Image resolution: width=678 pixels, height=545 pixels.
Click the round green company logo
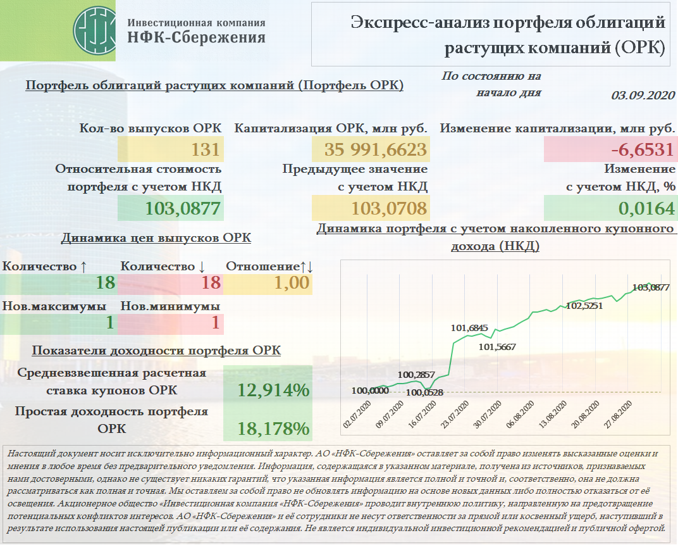94,30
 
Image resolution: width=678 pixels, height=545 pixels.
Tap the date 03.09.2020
643,96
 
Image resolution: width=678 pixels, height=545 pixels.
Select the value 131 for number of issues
206,150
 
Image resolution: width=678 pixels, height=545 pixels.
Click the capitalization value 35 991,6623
376,150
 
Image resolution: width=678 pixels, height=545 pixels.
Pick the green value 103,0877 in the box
183,208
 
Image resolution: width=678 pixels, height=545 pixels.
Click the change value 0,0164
646,208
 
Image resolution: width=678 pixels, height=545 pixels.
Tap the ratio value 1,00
292,283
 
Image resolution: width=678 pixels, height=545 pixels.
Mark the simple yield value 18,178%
273,429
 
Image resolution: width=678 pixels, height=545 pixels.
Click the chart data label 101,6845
469,328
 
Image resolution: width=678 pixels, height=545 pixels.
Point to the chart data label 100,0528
424,392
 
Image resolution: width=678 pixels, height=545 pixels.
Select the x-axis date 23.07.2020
455,415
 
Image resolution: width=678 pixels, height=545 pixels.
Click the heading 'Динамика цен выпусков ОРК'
156,238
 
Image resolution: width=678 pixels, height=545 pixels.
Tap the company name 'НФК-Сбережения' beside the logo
196,38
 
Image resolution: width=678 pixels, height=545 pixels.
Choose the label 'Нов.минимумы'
170,306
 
